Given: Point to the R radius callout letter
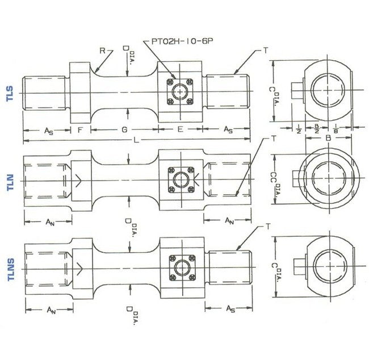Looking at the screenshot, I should [x=102, y=51].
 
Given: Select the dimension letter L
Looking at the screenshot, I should [x=135, y=140].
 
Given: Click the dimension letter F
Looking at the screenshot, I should [x=80, y=130].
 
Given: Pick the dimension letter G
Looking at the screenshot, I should [x=124, y=130].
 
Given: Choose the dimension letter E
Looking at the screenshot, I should [x=180, y=130].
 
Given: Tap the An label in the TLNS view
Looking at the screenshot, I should [x=51, y=310].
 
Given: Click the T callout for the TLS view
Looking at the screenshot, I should [x=265, y=51].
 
